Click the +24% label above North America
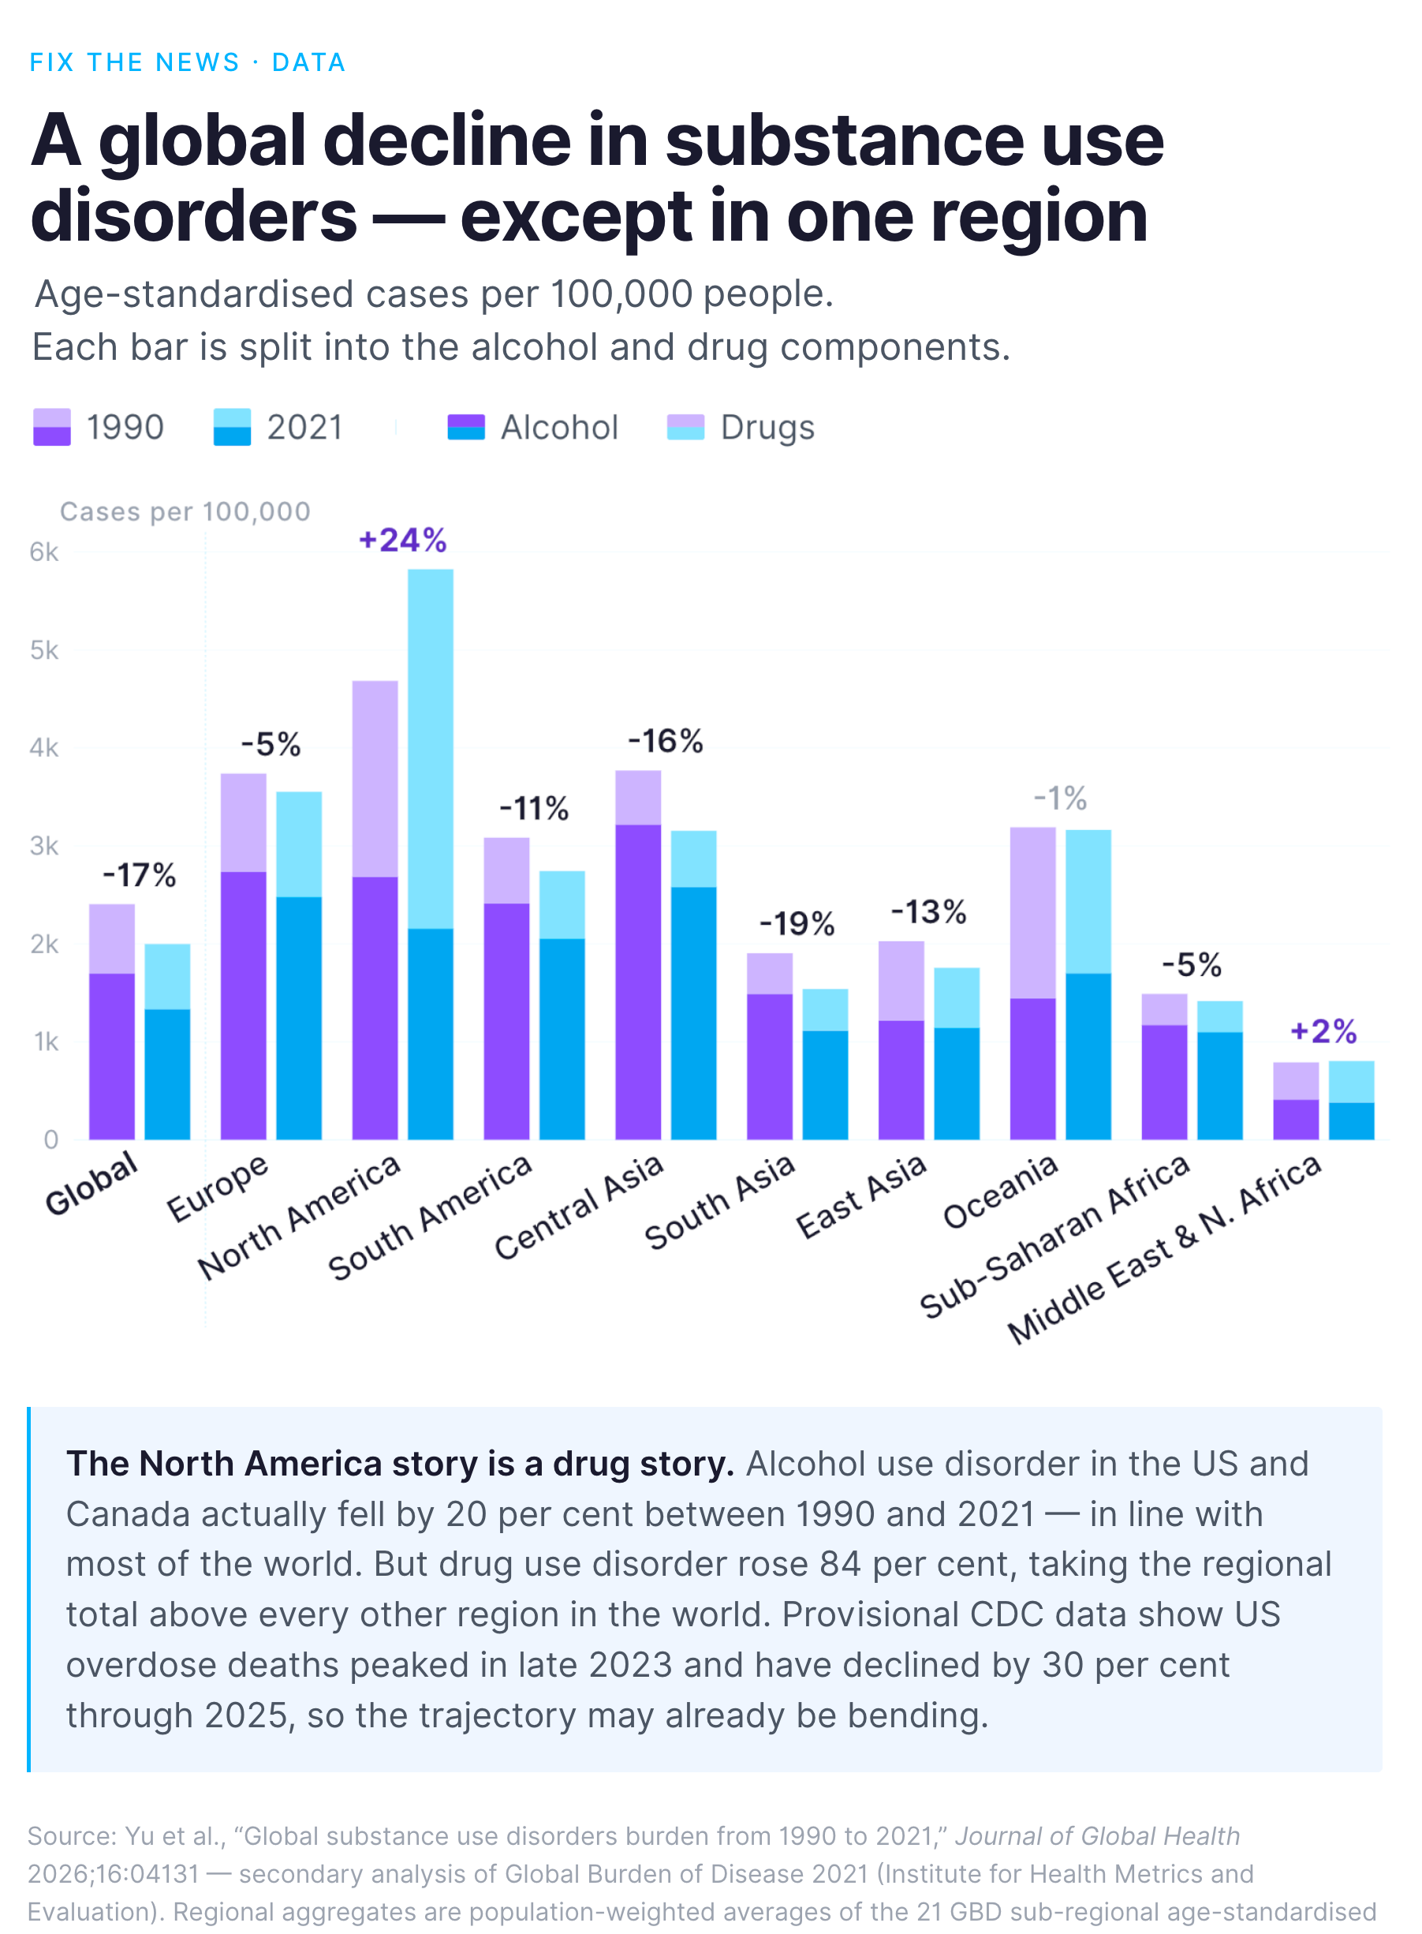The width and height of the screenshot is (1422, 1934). [x=403, y=541]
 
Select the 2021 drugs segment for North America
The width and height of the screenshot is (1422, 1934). [x=431, y=749]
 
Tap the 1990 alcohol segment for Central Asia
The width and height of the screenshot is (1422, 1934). [x=638, y=982]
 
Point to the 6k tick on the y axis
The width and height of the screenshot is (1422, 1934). [x=44, y=552]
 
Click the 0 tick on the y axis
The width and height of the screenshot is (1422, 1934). [x=50, y=1140]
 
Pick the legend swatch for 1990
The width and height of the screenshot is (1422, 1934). [x=51, y=427]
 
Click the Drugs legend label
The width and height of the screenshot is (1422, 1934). [x=767, y=428]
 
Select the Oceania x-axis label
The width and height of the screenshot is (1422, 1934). [x=999, y=1191]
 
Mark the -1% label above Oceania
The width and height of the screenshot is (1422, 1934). [x=1061, y=799]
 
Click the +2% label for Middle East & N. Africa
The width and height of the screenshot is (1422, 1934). [x=1323, y=1031]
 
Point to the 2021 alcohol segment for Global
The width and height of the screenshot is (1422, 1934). [x=167, y=1075]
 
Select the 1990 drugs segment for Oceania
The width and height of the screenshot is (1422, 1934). [x=1033, y=913]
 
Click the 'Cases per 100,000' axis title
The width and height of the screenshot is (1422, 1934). [x=185, y=511]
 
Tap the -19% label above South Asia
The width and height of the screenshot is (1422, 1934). [x=797, y=924]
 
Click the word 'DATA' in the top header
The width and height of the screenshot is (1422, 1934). [x=309, y=63]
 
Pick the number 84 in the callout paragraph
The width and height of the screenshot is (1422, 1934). [x=840, y=1564]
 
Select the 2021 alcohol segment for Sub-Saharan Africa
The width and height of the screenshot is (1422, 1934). [x=1220, y=1086]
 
